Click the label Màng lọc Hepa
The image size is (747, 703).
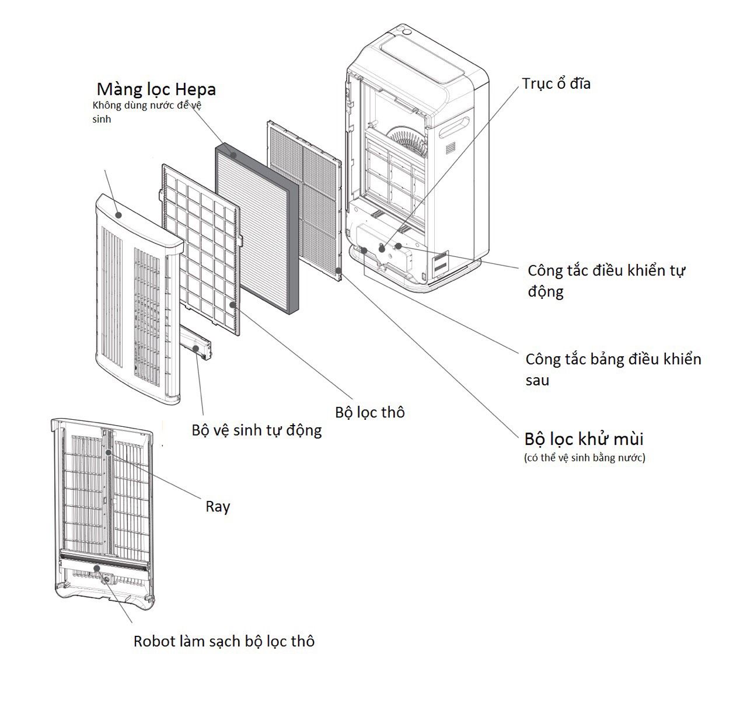[x=156, y=89]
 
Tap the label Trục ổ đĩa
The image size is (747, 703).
[x=556, y=83]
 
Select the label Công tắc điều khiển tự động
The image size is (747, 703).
[x=606, y=280]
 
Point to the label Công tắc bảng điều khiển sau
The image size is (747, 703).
[x=613, y=369]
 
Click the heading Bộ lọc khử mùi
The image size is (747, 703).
[x=584, y=438]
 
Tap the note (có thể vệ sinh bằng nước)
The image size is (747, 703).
[x=585, y=458]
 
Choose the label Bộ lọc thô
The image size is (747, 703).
[x=369, y=412]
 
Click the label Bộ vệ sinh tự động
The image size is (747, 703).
[x=257, y=430]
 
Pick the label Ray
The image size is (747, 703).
[x=218, y=506]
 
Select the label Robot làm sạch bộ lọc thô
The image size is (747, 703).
[x=224, y=641]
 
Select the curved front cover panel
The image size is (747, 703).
[x=137, y=298]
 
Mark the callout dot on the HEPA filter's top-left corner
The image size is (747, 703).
[x=233, y=155]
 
